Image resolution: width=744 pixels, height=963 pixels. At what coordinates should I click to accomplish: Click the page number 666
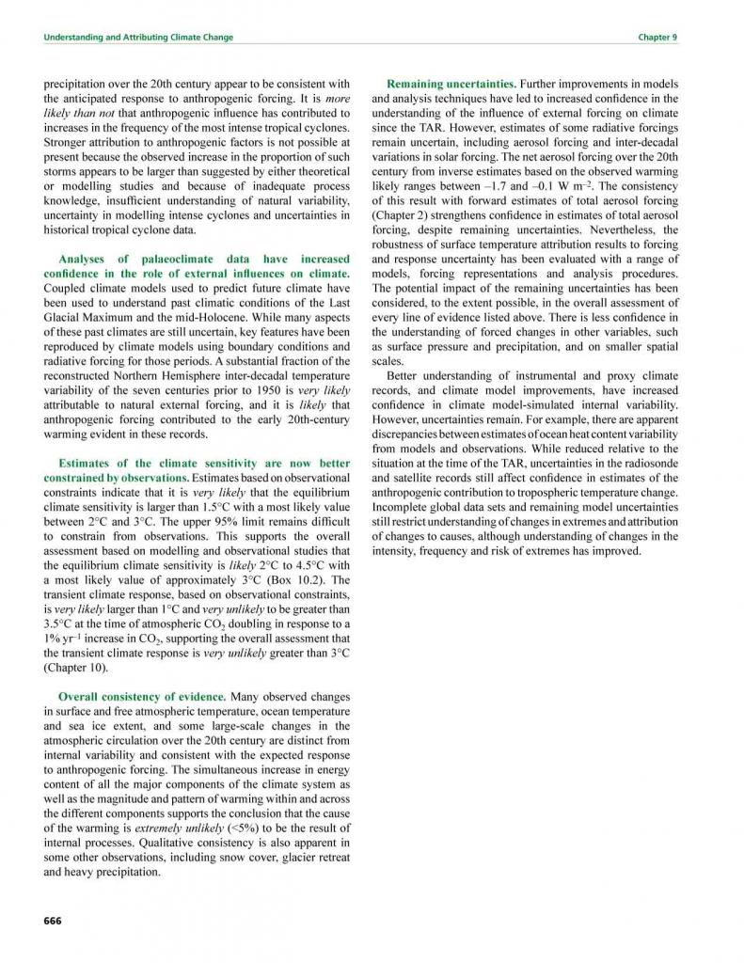pyautogui.click(x=53, y=920)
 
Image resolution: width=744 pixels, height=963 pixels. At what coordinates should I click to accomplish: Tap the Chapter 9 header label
pyautogui.click(x=658, y=37)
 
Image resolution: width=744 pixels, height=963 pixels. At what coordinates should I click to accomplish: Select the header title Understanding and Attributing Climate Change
pyautogui.click(x=139, y=37)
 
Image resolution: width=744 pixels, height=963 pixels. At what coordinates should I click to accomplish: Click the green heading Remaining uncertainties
pyautogui.click(x=451, y=83)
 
